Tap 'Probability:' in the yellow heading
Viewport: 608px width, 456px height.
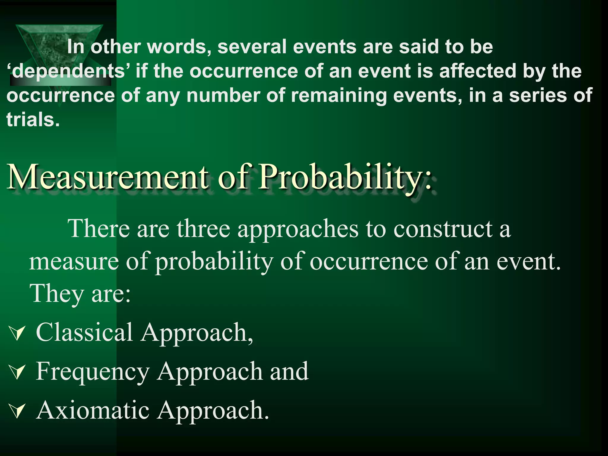coord(344,178)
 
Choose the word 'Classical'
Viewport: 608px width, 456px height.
coord(84,332)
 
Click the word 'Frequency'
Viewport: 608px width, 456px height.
coord(93,371)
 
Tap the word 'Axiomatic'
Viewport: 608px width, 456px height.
coord(93,410)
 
